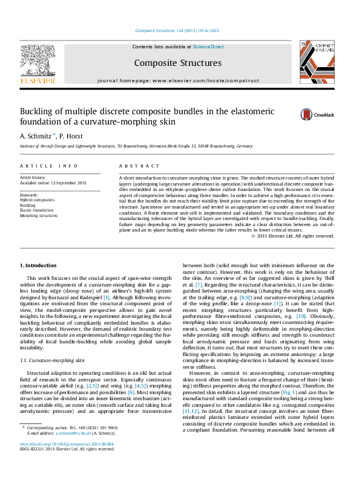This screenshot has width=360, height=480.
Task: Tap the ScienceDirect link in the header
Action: tap(209, 47)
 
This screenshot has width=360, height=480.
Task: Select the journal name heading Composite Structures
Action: tap(177, 63)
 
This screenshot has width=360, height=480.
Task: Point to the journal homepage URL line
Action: tap(178, 80)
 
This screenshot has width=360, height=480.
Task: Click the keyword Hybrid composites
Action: tap(37, 199)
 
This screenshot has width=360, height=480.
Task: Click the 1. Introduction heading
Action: tap(39, 266)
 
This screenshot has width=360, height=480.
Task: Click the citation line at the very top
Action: tap(177, 30)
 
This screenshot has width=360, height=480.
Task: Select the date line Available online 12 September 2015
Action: tap(53, 183)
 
